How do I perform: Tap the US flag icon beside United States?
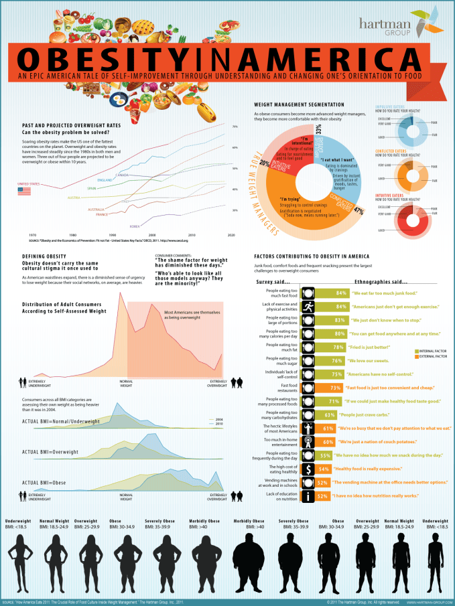[x=24, y=191]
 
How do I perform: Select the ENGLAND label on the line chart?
[x=104, y=180]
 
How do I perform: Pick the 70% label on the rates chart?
[x=235, y=127]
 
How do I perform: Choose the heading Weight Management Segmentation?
[x=299, y=105]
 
